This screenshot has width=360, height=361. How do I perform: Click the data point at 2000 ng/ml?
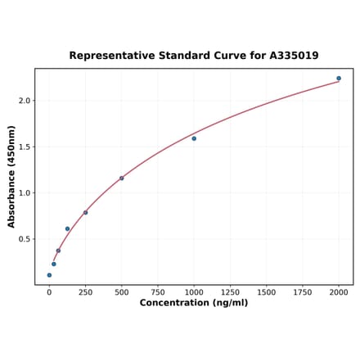coord(339,79)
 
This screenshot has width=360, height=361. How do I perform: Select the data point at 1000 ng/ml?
coord(194,138)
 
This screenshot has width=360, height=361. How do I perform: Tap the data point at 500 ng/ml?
coord(122,178)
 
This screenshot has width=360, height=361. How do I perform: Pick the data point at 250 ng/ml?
coord(85,213)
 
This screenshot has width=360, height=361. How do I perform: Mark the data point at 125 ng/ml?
coord(67,229)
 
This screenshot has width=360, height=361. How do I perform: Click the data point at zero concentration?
coord(49,275)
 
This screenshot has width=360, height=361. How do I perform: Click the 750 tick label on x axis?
coord(158,292)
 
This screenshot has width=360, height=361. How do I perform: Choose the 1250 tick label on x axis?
coord(230,292)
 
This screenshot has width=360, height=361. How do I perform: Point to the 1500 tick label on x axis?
coord(267,292)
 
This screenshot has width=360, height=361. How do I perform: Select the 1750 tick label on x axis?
coord(303,292)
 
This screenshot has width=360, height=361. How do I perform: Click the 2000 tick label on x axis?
coord(339,292)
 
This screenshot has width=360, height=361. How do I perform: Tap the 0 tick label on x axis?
coord(49,292)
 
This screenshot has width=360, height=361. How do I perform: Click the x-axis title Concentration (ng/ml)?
coord(194,304)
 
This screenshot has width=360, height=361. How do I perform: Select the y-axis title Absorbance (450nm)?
coord(11,177)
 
